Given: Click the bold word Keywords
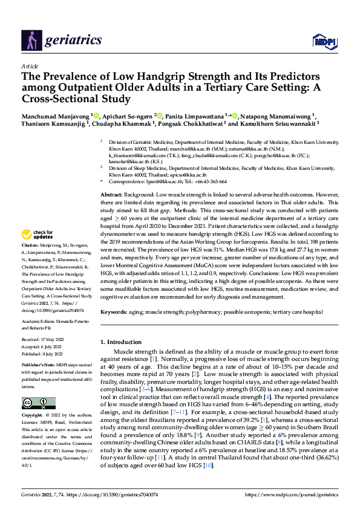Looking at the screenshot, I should pos(114,312).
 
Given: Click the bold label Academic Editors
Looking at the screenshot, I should pos(39,320).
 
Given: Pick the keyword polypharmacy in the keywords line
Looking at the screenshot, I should pos(220,312).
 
